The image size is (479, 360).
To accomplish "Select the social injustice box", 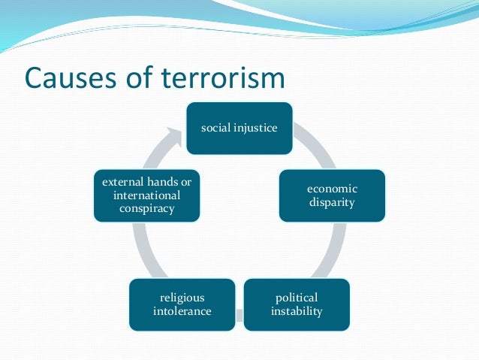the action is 239,128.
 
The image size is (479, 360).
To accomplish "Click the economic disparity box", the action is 332,195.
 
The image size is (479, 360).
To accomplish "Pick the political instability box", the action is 297,304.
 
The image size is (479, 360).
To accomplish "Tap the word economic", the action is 332,189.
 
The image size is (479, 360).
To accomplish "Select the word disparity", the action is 332,202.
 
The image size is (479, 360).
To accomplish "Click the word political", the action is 297,298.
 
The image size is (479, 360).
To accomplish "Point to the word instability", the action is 297,311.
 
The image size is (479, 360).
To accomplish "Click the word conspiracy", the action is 147,208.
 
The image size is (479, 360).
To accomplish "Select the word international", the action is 147,195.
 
